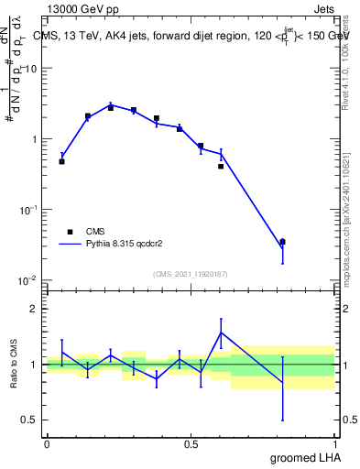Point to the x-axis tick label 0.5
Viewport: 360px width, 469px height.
(191, 444)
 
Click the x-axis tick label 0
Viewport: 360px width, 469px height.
(47, 444)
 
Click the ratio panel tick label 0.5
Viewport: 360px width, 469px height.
(32, 420)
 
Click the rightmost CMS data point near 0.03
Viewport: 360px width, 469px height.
(282, 242)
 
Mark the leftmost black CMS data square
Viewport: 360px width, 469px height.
(61, 161)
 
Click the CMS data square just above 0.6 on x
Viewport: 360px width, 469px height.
(221, 167)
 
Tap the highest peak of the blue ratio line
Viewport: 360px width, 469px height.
(221, 332)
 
